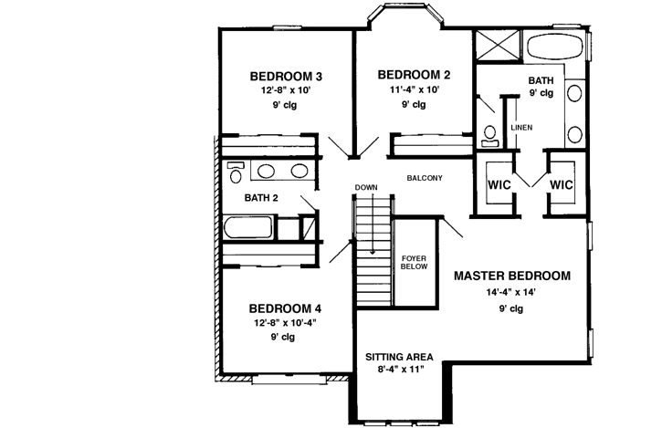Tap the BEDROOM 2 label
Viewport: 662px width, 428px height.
[x=413, y=75]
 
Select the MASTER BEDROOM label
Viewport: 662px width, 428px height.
[x=511, y=275]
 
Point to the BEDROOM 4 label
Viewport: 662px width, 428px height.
[x=284, y=308]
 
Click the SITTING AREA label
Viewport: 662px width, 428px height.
[x=399, y=357]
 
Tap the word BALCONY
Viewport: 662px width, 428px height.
[x=425, y=178]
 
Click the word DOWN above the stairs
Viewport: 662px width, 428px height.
[x=366, y=188]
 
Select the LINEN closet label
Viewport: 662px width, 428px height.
[x=522, y=127]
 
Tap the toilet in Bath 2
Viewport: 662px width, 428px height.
[x=236, y=172]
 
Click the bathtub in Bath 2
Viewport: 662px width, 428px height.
[x=250, y=227]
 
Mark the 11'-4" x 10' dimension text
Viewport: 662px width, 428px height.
[x=413, y=89]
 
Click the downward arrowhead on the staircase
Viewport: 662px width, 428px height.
[x=373, y=250]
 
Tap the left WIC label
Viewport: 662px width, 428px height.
[x=498, y=183]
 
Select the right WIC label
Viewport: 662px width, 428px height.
[x=561, y=183]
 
